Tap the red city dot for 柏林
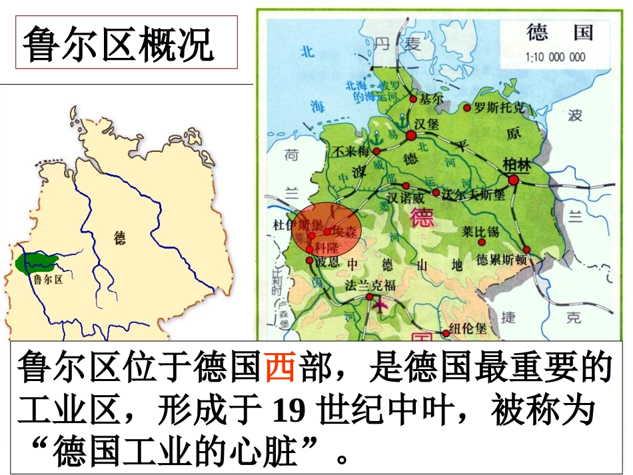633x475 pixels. tap(513, 180)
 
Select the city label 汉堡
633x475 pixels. tap(428, 123)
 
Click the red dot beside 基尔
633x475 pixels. tap(413, 99)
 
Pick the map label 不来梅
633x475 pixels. tap(351, 151)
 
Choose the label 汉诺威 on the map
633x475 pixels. tap(406, 198)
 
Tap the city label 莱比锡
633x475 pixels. tap(480, 231)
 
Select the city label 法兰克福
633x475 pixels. tap(370, 286)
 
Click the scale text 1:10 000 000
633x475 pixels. tap(556, 57)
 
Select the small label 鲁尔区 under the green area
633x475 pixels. tap(47, 280)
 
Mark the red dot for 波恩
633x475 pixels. tap(309, 260)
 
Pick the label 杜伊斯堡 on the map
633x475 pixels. tap(294, 224)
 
